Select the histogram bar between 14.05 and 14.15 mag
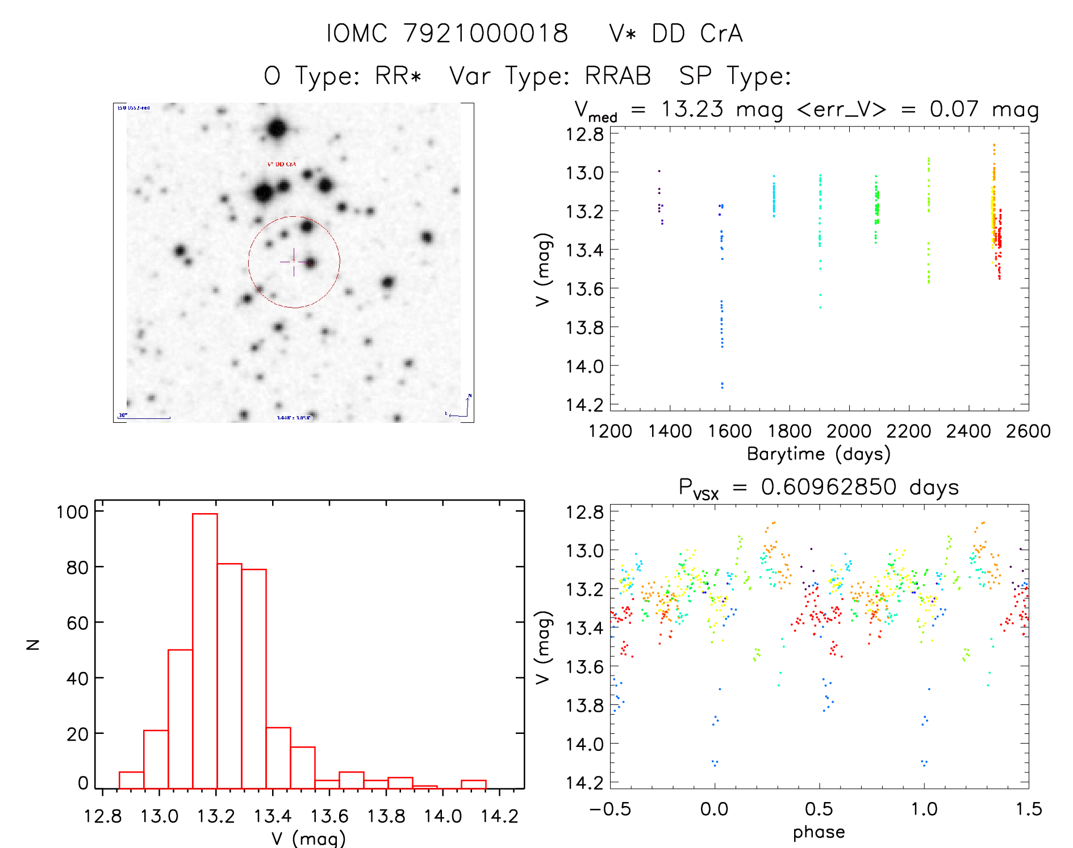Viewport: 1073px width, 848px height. [x=473, y=784]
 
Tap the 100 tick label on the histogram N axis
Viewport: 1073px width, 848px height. [x=72, y=512]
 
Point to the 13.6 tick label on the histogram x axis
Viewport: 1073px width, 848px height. [x=329, y=816]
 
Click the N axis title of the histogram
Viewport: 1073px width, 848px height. [x=33, y=644]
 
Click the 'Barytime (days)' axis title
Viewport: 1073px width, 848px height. [x=819, y=454]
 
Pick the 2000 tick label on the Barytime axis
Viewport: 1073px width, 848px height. [x=849, y=431]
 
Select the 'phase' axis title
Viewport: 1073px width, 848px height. [x=819, y=832]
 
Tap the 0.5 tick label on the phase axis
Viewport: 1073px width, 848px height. [x=819, y=809]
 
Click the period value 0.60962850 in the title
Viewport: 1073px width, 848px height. [x=828, y=487]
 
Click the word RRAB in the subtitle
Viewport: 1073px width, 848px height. [x=617, y=76]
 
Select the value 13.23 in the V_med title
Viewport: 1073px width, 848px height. [x=692, y=109]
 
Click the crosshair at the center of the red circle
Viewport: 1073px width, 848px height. [x=294, y=262]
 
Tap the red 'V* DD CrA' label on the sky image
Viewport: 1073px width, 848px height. [x=282, y=164]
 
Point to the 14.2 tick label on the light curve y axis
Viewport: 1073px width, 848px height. [x=584, y=405]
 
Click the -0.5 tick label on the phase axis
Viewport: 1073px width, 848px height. [x=610, y=809]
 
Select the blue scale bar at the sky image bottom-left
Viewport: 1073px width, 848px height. [x=145, y=418]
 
